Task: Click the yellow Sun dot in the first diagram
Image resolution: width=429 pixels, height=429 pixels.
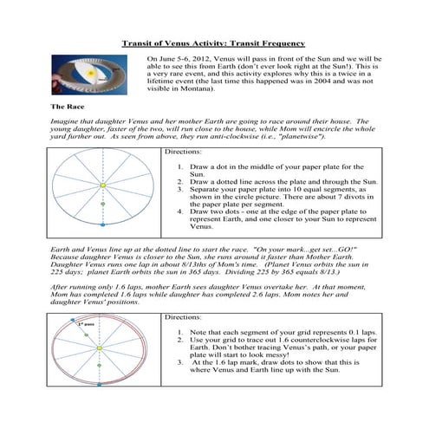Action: [102, 185]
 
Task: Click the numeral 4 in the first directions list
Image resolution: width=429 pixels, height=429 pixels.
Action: [180, 211]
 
